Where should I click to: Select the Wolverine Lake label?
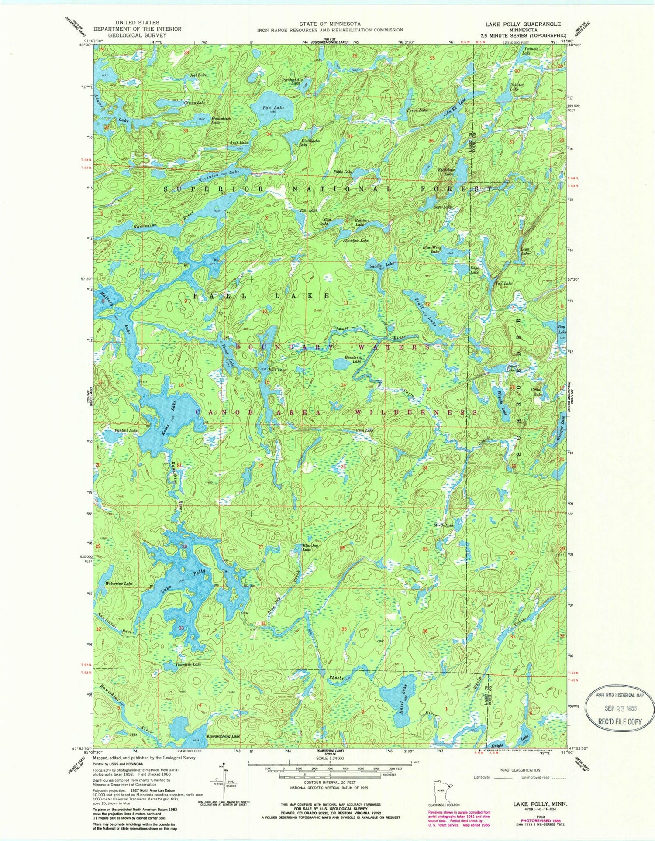[x=119, y=583]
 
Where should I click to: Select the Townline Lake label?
[x=188, y=664]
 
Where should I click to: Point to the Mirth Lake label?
[x=445, y=525]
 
